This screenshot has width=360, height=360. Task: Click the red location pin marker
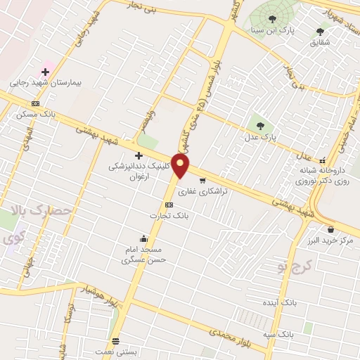tap(181, 166)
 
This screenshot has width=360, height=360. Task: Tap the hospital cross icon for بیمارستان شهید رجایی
tap(45, 72)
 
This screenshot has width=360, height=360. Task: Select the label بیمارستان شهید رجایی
tap(46, 83)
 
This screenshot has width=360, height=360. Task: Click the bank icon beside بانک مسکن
tap(35, 103)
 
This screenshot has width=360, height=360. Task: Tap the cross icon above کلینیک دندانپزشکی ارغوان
tap(139, 155)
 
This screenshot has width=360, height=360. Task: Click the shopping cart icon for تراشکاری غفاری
tap(202, 180)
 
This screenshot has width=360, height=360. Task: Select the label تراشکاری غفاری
tap(202, 191)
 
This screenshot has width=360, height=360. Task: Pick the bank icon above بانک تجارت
tap(168, 205)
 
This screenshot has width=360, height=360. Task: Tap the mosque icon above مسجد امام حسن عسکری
tap(143, 238)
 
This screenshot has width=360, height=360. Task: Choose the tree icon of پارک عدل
tap(261, 126)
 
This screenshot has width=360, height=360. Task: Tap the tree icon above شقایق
tap(321, 32)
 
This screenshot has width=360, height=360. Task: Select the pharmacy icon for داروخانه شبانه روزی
tap(323, 160)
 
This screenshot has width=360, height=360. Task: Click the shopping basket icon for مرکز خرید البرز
tap(330, 229)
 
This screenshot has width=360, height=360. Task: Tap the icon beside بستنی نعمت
tap(115, 341)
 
